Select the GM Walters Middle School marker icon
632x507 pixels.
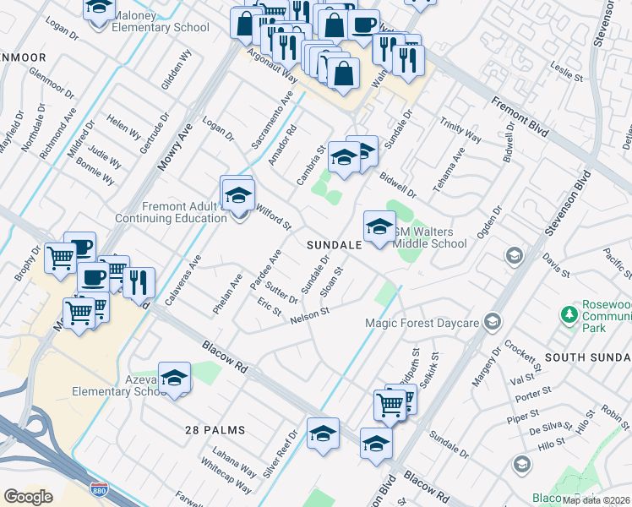point(379,226)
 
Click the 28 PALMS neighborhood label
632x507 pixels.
point(215,430)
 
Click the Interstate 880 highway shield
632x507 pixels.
point(99,489)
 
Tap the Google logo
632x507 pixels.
point(29,497)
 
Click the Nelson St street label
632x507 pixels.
point(308,316)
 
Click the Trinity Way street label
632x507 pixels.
point(460,131)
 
